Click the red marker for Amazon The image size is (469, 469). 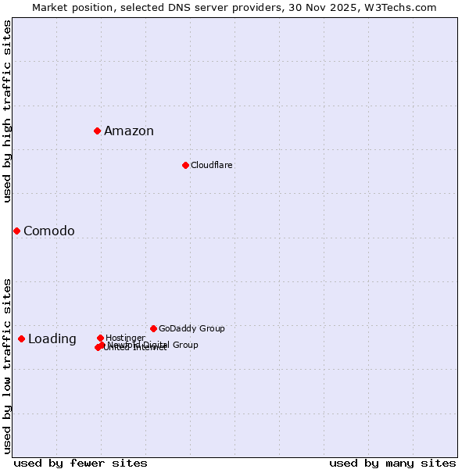click(97, 131)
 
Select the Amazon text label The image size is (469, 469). click(129, 131)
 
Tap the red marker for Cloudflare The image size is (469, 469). click(185, 165)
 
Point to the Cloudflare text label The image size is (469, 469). click(212, 166)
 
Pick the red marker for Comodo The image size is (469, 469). click(16, 231)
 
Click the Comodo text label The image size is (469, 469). click(49, 231)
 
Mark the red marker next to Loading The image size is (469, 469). click(21, 338)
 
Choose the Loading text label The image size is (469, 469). click(52, 339)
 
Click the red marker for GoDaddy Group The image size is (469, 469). click(153, 328)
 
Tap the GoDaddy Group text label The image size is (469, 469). click(192, 329)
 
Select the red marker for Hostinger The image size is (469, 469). click(100, 338)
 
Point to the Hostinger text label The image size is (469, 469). click(125, 338)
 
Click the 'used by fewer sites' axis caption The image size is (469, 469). click(81, 464)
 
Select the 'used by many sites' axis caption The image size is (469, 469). click(392, 464)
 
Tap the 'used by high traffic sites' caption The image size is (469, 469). click(7, 111)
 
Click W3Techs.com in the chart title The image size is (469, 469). click(403, 8)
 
